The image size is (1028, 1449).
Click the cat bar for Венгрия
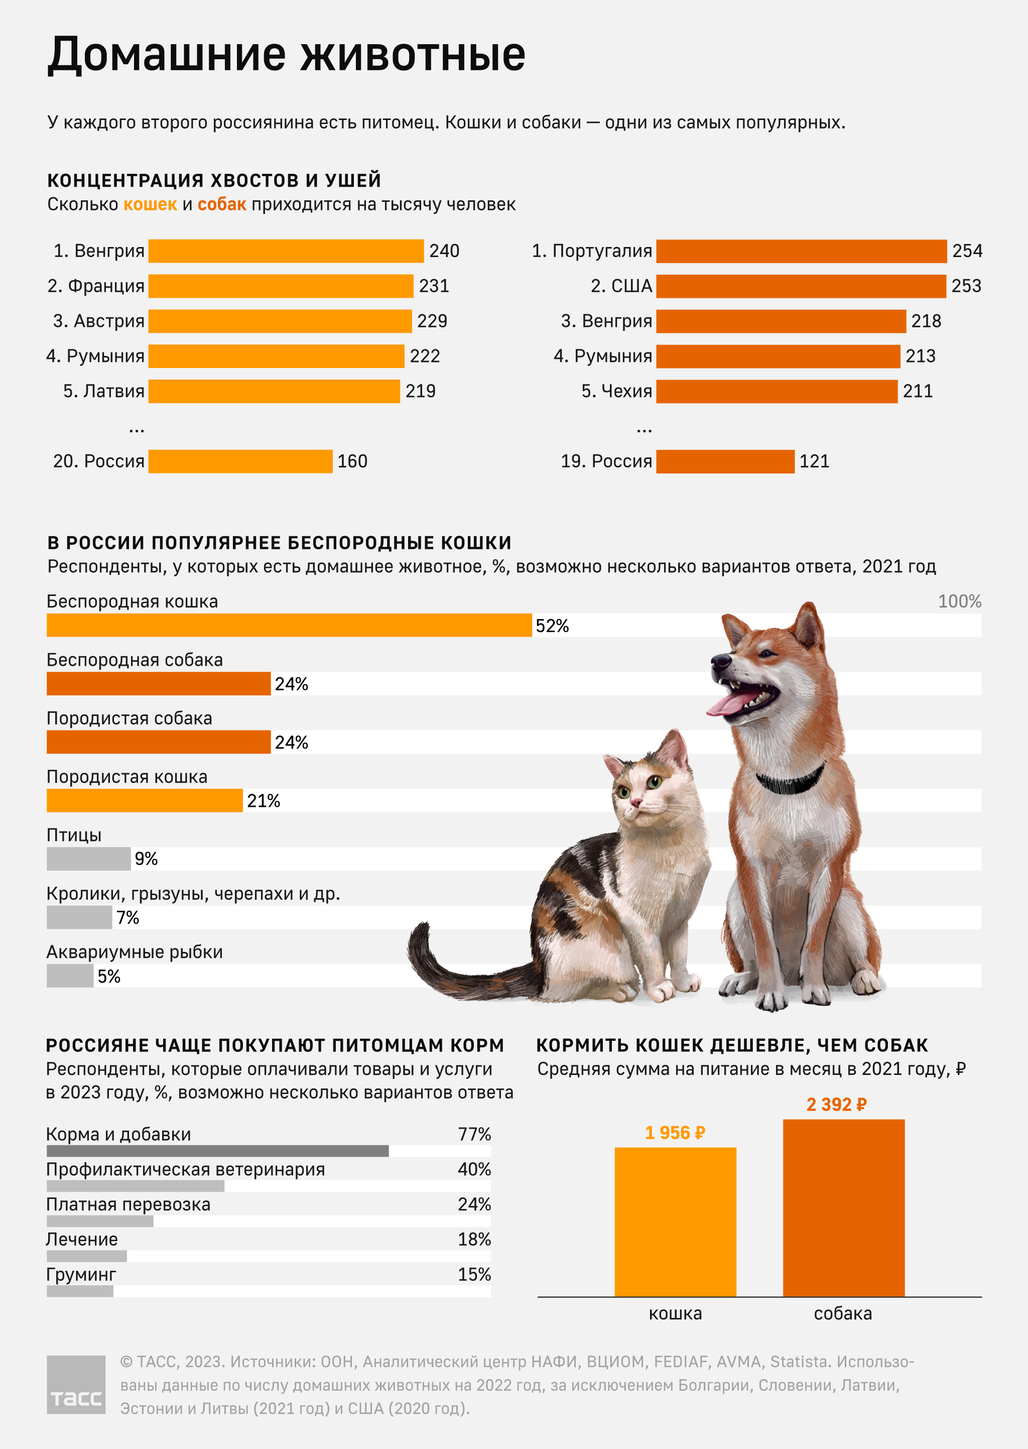[x=286, y=251]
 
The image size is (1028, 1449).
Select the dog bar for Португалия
[x=801, y=251]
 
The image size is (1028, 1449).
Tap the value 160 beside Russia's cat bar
[x=352, y=461]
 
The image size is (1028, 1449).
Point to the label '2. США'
[x=621, y=286]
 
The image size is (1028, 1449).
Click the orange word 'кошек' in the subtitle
[x=150, y=204]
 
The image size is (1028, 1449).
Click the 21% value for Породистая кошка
[x=264, y=801]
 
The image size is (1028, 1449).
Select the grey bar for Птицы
[x=89, y=859]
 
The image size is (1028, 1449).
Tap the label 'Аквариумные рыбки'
[x=134, y=951]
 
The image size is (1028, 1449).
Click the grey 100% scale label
[x=959, y=601]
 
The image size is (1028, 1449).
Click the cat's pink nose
[x=635, y=803]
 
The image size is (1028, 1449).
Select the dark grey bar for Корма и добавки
[x=217, y=1151]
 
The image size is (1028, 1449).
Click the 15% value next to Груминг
[x=474, y=1274]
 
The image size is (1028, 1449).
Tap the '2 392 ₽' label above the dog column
[x=836, y=1105]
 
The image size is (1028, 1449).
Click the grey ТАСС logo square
[x=76, y=1384]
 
